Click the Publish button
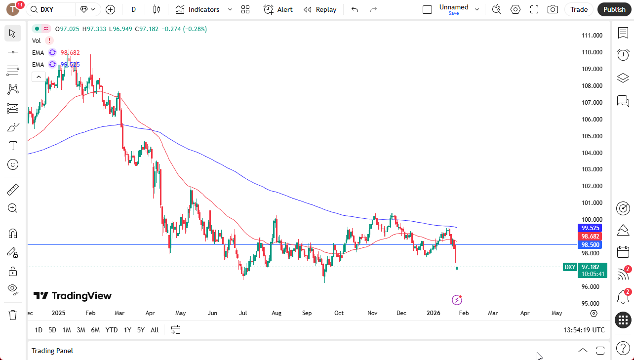point(614,9)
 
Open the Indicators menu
point(203,9)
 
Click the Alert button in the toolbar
point(278,9)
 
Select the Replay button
point(320,9)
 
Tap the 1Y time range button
point(127,330)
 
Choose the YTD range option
point(112,330)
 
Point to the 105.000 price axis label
point(592,136)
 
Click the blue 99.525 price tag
point(591,228)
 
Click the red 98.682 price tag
point(591,237)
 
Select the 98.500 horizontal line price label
point(591,245)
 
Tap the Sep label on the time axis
point(307,313)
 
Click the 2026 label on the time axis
point(433,313)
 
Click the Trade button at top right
point(579,9)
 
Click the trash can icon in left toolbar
point(13,315)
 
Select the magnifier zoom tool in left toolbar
point(13,208)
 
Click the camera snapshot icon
point(553,9)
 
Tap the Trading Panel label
point(52,351)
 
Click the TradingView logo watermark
point(73,296)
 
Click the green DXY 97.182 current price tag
point(585,267)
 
